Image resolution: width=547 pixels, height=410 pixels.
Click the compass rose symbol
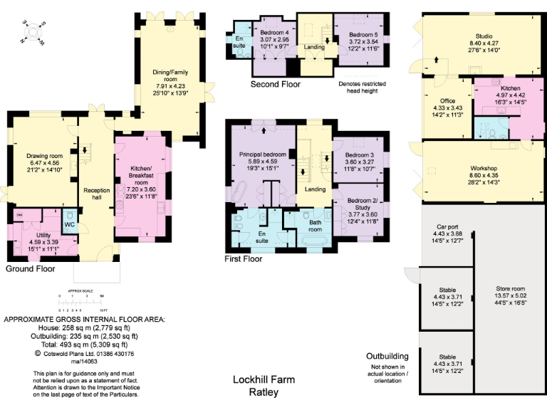(x=33, y=32)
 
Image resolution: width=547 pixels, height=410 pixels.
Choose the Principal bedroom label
(x=263, y=154)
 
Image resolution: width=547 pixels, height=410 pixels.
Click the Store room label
(x=510, y=289)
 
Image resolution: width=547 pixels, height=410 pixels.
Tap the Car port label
(x=448, y=233)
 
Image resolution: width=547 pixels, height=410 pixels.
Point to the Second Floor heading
(x=275, y=84)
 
